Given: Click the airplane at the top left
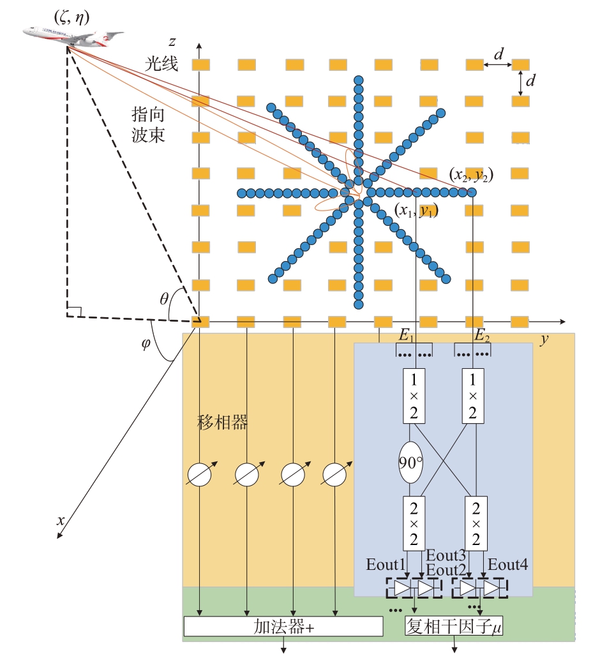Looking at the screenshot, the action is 73,36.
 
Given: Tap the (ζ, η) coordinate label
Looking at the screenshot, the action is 72,17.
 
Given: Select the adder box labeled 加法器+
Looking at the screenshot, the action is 283,627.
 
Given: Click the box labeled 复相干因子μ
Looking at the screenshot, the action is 454,626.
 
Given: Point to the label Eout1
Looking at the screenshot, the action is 386,565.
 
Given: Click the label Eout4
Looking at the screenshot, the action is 508,565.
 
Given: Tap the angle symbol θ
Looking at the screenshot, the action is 164,299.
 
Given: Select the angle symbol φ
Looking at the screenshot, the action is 146,343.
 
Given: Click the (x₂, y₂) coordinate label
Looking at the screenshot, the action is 471,174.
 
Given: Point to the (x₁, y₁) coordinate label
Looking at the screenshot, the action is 416,210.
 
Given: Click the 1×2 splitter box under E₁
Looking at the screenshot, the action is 414,396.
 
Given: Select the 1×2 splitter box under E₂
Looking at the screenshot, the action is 472,396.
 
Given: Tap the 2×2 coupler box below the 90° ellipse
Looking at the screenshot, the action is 414,523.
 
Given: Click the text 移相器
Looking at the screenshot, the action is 222,422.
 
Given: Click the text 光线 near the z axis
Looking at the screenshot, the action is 161,64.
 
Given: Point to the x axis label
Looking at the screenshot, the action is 61,520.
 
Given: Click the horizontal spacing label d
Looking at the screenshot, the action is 499,54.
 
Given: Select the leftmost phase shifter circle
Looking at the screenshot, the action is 199,474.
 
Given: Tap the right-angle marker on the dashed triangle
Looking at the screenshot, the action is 74,311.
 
